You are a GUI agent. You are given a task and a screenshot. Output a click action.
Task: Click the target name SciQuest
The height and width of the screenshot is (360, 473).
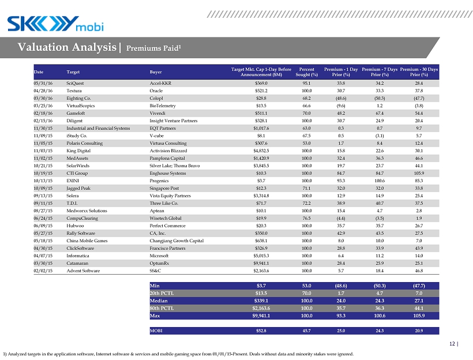pyautogui.click(x=75, y=82)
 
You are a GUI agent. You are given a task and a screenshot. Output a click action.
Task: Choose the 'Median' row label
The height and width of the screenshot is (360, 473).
pyautogui.click(x=159, y=301)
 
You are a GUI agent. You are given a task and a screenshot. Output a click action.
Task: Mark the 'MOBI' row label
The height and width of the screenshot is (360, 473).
pyautogui.click(x=156, y=331)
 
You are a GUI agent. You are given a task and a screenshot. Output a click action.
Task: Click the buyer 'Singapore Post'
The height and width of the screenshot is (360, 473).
pyautogui.click(x=164, y=188)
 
